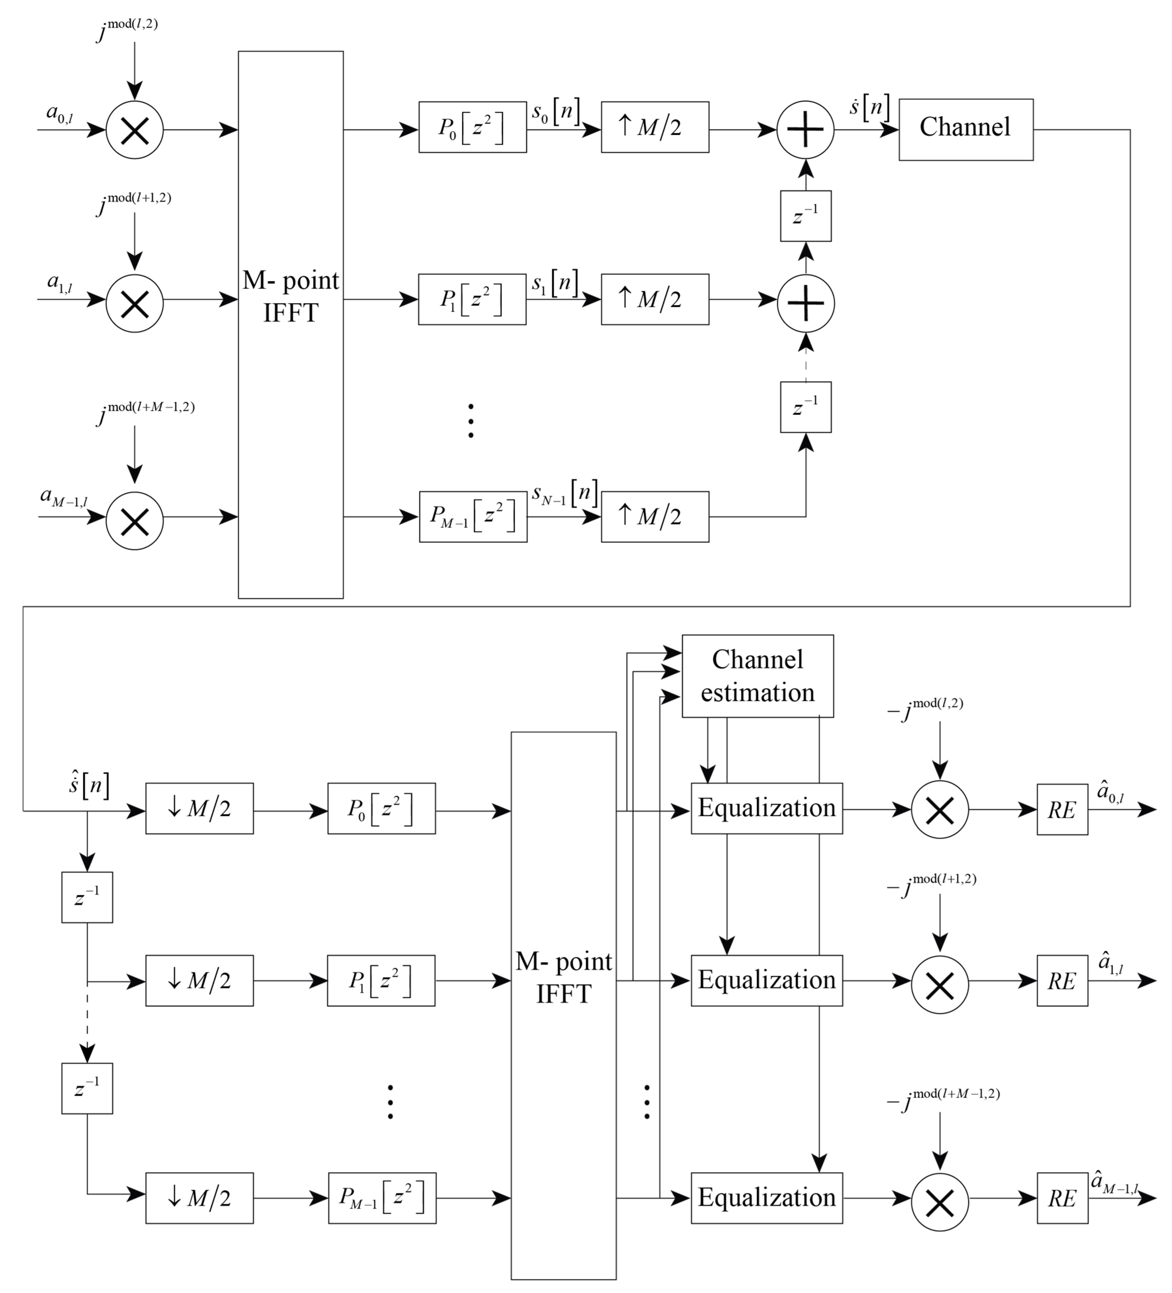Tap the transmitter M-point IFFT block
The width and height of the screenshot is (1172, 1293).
[x=290, y=324]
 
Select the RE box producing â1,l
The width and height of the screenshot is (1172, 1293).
[x=1062, y=981]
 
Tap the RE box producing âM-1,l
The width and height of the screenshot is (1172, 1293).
[x=1062, y=1197]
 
